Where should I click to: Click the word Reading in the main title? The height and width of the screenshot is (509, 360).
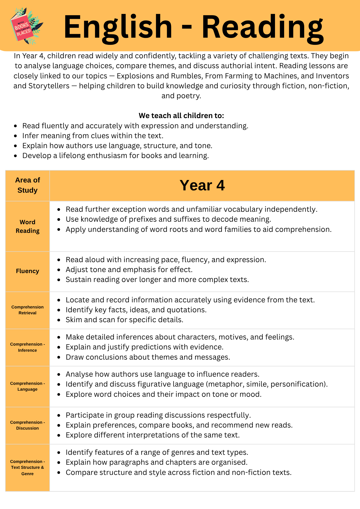[262, 27]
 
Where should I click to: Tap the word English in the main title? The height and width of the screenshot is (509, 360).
[118, 27]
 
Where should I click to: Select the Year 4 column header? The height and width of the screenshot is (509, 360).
[202, 185]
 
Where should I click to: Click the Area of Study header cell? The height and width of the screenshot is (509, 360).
[27, 185]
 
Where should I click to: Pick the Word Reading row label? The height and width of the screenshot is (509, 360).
[27, 226]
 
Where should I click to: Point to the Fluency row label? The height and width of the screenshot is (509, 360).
[27, 271]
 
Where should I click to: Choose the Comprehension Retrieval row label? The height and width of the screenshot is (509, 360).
[27, 310]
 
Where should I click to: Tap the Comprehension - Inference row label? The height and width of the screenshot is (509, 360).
[27, 347]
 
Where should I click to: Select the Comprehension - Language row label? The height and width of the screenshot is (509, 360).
[27, 386]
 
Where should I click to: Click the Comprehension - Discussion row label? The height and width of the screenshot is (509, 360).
[27, 425]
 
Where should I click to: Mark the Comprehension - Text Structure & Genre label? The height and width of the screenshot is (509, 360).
[27, 468]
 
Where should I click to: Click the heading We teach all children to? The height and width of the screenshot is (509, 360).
[181, 116]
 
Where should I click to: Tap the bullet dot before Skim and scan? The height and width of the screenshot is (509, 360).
[59, 320]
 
